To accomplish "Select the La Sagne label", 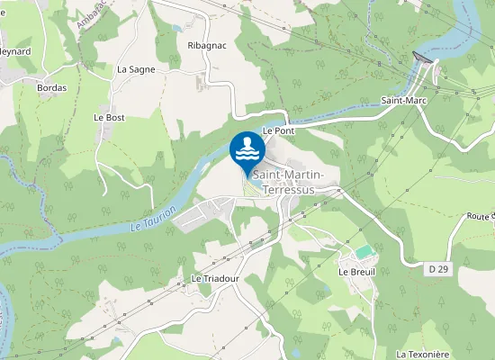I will pos(136,69).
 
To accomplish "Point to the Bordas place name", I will pos(51,88).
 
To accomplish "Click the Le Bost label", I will pos(109,117).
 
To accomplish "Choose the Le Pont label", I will pos(278,130).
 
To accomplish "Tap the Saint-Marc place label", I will pos(401,100).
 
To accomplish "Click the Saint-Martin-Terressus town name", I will pos(294,182).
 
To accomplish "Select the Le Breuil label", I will pos(355,272).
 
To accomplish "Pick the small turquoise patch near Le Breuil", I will pos(363,253).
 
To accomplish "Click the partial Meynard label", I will pos(14,51).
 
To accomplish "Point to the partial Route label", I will pos(481,217).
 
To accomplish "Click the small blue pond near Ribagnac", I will pos(174,29).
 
